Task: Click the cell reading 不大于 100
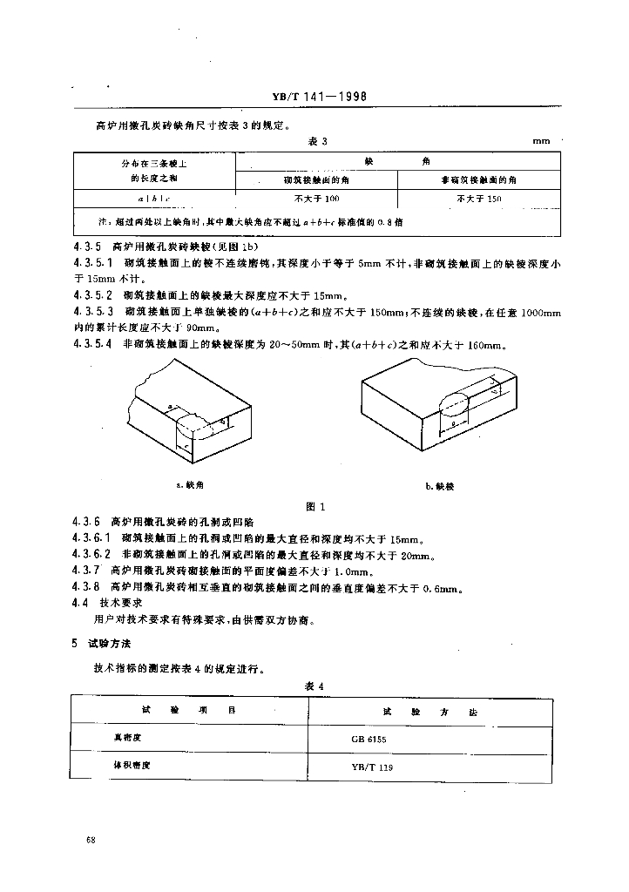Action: click(316, 199)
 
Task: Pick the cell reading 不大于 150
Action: click(479, 199)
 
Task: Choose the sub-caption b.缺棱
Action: click(439, 485)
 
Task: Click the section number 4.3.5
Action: click(88, 247)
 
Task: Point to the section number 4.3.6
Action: click(88, 521)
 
